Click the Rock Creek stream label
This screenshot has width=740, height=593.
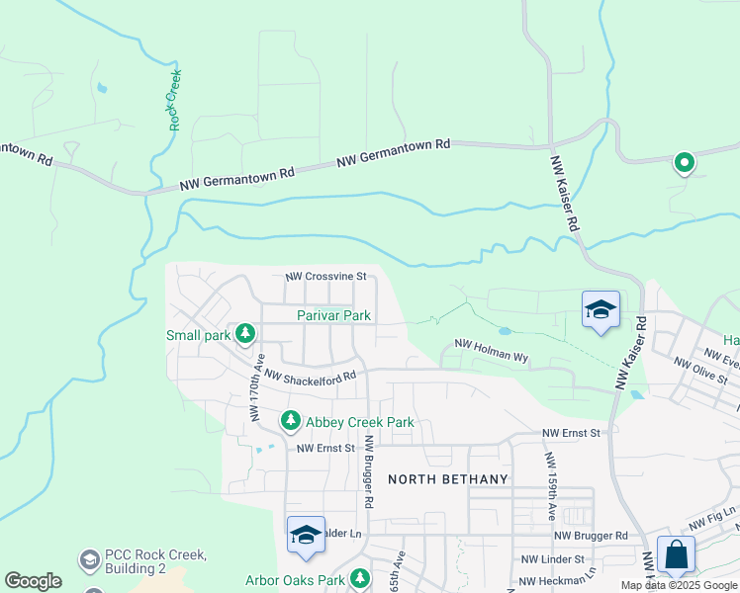point(176,100)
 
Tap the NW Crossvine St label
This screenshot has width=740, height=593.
point(326,277)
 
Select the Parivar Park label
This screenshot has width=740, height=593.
point(334,316)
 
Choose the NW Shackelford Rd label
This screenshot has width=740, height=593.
point(310,377)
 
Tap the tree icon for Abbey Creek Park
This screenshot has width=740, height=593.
point(291,422)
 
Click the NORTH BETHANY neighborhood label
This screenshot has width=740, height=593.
point(448,479)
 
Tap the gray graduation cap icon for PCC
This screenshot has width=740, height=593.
point(91,560)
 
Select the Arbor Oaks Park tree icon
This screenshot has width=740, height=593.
point(360,578)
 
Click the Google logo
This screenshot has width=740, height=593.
point(33,581)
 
